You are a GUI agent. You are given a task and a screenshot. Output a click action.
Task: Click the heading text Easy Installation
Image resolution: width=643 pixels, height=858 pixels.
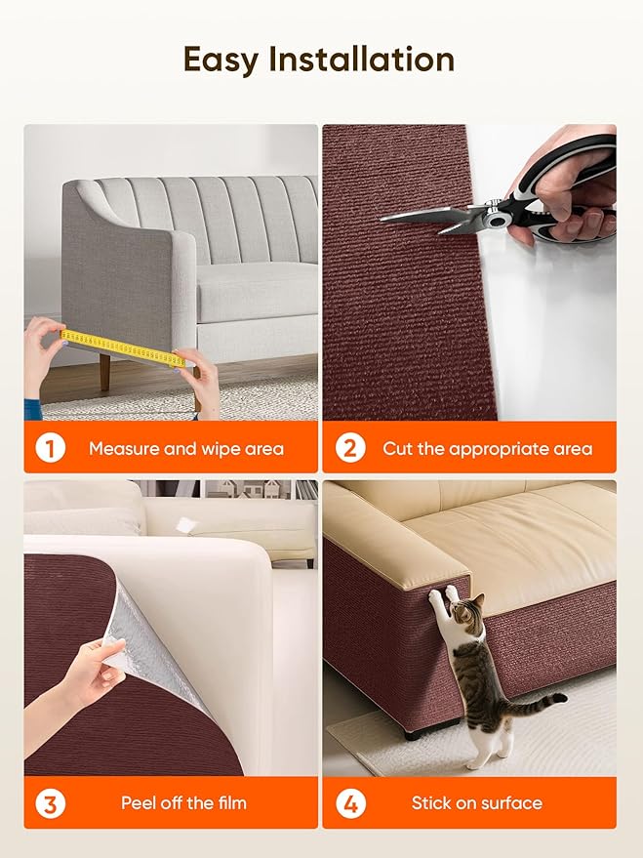click(319, 60)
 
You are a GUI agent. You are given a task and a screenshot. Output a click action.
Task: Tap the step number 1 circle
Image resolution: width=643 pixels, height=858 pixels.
click(50, 449)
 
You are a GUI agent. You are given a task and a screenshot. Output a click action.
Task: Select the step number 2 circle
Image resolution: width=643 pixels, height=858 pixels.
click(349, 449)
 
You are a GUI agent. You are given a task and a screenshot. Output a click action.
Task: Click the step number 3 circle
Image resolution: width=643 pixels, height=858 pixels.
click(50, 803)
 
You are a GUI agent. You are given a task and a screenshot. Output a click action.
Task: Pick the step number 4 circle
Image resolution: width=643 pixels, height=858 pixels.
click(349, 803)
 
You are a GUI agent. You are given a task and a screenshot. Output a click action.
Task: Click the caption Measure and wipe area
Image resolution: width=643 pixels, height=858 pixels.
click(186, 449)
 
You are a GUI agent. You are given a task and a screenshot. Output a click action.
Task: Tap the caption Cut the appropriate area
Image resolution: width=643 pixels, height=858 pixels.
click(487, 449)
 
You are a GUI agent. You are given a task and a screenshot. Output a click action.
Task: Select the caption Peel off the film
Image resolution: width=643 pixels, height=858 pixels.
click(183, 803)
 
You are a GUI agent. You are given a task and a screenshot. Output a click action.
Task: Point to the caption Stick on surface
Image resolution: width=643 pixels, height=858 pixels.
click(476, 803)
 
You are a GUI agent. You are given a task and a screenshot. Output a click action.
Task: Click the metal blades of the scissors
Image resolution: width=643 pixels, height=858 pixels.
click(429, 215)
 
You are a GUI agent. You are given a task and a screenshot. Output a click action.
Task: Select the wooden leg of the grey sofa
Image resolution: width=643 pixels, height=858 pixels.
click(104, 372)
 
